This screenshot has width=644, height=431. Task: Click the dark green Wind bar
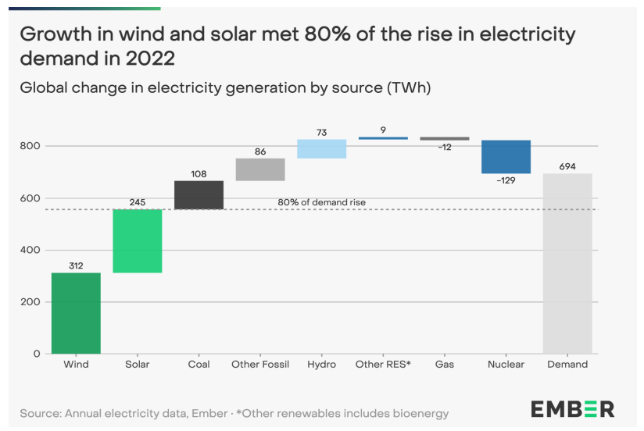point(76,312)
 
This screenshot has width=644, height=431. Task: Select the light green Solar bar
point(137,241)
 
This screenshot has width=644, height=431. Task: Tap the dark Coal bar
point(199,195)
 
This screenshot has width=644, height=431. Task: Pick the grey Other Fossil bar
point(260,169)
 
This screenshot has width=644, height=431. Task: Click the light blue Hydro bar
point(321,149)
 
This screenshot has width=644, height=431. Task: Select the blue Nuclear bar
point(506,157)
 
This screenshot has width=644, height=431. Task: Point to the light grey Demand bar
point(567,263)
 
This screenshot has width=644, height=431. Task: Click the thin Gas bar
point(445,138)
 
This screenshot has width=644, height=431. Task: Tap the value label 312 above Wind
point(76,265)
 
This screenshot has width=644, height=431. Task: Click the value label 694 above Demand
point(567,166)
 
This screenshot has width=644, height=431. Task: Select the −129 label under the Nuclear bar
point(506,180)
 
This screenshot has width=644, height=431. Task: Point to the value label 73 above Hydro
point(321,133)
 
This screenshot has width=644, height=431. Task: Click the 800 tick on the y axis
point(30,146)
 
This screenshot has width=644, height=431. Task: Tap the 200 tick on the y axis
point(30,302)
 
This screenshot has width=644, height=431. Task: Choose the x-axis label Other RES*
point(383,365)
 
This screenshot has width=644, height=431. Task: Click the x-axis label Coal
point(199,365)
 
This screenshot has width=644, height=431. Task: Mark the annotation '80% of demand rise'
point(321,202)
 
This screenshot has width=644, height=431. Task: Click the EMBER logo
point(572,408)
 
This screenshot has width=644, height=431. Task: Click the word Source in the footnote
point(39,412)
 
